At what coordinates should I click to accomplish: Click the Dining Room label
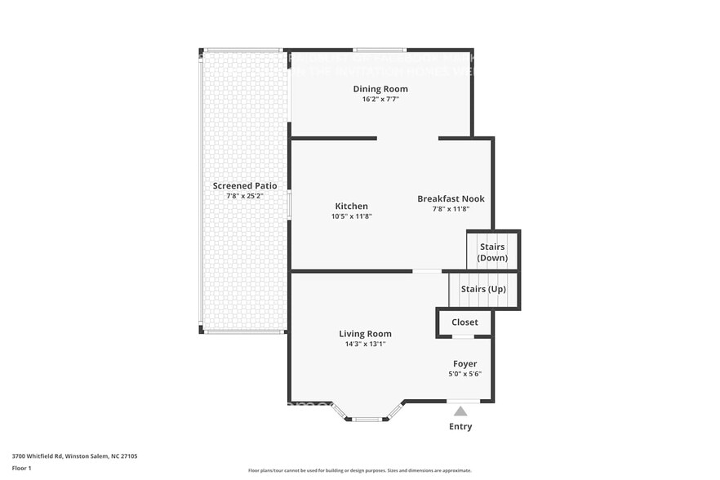click(380, 89)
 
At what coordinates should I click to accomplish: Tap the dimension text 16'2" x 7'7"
click(380, 99)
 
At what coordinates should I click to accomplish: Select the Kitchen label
click(351, 207)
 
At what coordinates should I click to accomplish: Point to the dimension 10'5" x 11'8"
click(351, 216)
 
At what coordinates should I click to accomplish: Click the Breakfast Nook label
click(451, 199)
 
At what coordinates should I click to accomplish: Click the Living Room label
click(365, 334)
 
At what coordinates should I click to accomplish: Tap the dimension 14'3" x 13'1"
click(365, 344)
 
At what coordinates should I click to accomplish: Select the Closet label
click(464, 322)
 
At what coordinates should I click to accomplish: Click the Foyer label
click(465, 364)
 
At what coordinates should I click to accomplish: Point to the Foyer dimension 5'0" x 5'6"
click(465, 374)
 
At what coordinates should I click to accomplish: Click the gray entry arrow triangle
click(460, 411)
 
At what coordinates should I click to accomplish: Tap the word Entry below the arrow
click(460, 427)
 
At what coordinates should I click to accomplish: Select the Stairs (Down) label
click(492, 252)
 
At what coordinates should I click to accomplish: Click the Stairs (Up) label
click(483, 290)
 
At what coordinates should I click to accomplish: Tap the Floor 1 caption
click(21, 468)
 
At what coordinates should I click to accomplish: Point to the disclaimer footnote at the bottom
click(359, 471)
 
